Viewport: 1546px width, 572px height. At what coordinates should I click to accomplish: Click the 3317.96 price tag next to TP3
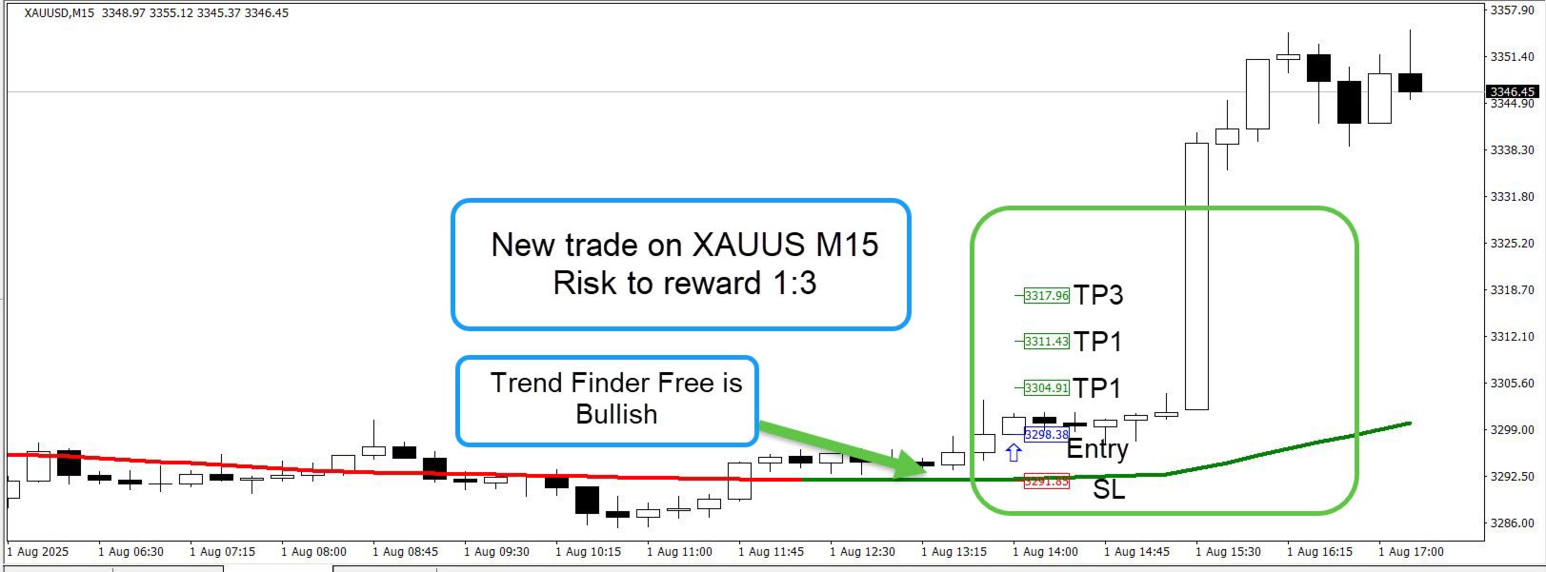click(x=1046, y=296)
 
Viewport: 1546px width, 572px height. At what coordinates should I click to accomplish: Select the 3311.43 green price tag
click(x=1046, y=341)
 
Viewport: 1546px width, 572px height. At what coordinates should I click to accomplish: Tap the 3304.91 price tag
click(x=1046, y=387)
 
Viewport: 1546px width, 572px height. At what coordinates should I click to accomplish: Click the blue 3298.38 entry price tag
click(x=1046, y=435)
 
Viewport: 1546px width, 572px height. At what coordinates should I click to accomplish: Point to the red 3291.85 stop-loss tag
click(x=1046, y=481)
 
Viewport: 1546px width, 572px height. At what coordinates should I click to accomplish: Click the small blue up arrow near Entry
click(x=1014, y=453)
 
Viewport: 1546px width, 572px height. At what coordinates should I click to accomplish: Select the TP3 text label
click(x=1098, y=295)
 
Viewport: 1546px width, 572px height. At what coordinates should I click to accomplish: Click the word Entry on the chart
click(x=1097, y=449)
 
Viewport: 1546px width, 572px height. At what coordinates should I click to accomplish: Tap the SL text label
click(x=1109, y=489)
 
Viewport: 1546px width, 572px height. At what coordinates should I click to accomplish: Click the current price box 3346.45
click(x=1513, y=91)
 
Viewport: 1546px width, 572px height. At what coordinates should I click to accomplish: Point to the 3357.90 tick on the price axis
click(x=1512, y=10)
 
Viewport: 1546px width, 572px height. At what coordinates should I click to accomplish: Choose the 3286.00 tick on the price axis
click(x=1512, y=523)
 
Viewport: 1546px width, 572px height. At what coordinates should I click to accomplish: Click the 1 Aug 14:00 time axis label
click(x=1045, y=552)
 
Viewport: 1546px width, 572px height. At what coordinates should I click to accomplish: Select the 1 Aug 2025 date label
click(x=38, y=552)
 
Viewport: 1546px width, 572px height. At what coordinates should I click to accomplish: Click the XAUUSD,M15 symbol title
click(x=59, y=13)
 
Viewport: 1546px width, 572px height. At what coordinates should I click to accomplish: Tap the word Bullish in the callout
click(x=616, y=414)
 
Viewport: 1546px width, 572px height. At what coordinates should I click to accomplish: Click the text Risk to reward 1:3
click(x=685, y=283)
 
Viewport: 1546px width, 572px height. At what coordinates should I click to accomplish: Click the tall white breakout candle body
click(x=1196, y=276)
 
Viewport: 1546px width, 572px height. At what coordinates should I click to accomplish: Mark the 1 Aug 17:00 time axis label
click(x=1411, y=552)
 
